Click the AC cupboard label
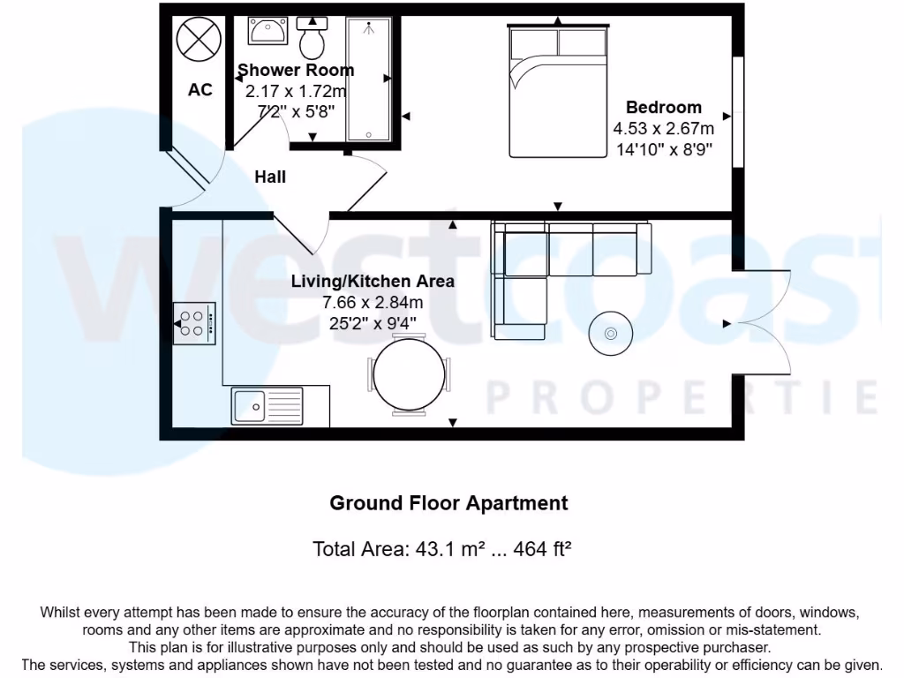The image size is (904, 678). [x=200, y=90]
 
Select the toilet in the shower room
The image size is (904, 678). [x=313, y=36]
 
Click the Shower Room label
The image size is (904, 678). [x=296, y=70]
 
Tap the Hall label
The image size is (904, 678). [x=270, y=177]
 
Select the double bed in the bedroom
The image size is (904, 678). [x=558, y=92]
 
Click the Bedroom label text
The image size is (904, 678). [x=664, y=108]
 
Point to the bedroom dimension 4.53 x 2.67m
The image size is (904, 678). [x=664, y=129]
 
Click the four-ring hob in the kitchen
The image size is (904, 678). [x=194, y=323]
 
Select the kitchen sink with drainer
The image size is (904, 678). [x=267, y=406]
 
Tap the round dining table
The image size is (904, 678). [x=409, y=374]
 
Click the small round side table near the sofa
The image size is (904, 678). [x=611, y=334]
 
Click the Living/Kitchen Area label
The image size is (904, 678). [x=373, y=282]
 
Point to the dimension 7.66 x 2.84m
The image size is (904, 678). [x=373, y=303]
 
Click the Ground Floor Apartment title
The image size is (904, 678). [x=448, y=503]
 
